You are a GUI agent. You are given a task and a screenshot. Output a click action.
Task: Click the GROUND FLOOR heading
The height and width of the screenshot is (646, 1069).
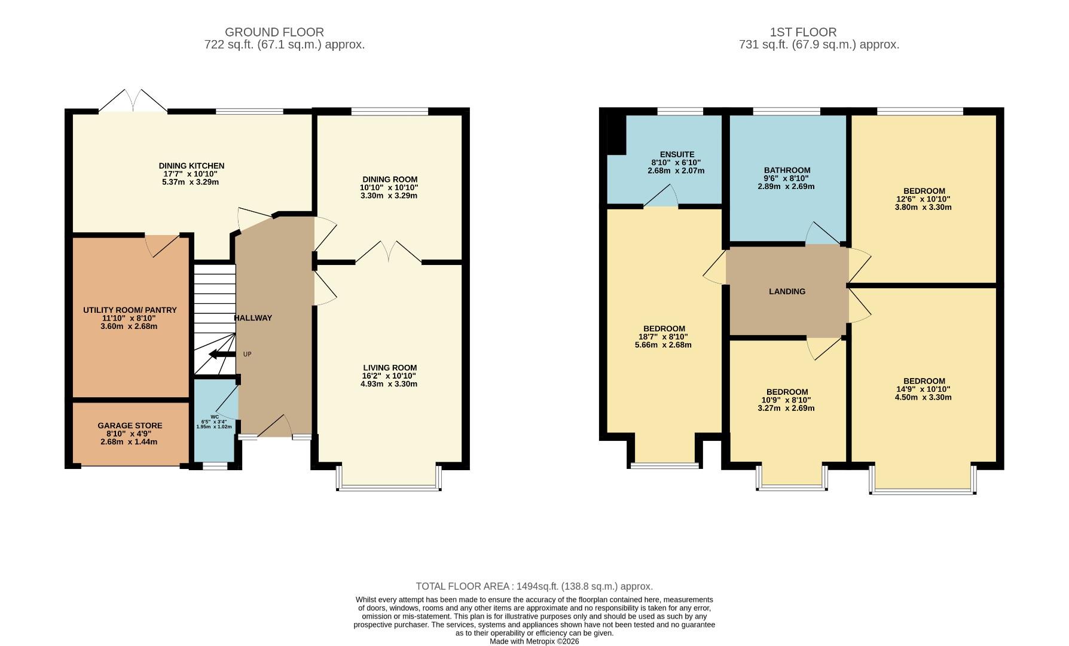[274, 32]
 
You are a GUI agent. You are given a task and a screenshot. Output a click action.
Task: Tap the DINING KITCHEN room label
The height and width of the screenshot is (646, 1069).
[191, 166]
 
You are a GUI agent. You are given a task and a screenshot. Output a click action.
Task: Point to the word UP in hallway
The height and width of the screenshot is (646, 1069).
[248, 355]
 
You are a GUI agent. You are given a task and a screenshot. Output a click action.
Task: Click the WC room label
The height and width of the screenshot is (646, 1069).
[214, 417]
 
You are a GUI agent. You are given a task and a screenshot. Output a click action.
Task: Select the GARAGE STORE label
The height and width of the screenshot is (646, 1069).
[130, 426]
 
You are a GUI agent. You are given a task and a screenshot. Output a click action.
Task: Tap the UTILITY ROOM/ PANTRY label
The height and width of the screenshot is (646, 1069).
[130, 310]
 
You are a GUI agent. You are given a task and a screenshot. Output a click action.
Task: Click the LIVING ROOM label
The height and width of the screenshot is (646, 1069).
[390, 368]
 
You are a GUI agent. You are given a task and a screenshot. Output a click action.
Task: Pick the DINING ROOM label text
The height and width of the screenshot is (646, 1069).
[390, 179]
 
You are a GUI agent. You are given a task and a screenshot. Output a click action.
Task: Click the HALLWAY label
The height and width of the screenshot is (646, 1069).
[253, 318]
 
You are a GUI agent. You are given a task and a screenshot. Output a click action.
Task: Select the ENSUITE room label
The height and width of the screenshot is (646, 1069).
[677, 154]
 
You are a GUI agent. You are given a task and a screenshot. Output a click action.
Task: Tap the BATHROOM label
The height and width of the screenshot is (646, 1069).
[787, 170]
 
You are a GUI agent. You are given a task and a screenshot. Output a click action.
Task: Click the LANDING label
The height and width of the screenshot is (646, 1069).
[787, 291]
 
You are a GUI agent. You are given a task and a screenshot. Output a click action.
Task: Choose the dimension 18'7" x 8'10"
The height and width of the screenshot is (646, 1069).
[664, 337]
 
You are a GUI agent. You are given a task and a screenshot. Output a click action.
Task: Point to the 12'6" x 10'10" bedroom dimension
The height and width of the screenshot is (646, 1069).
[923, 199]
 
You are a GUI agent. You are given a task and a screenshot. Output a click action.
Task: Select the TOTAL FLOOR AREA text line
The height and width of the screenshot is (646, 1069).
[534, 587]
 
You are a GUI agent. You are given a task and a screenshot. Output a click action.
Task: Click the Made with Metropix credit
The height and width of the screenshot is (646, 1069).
[534, 641]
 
